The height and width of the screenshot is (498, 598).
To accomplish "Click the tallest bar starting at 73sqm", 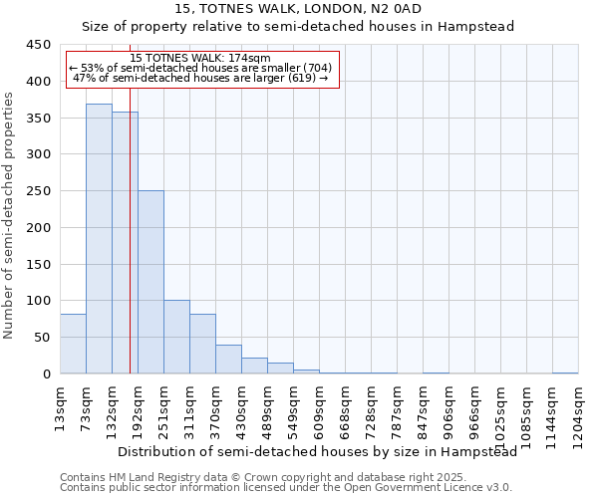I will (x=99, y=239).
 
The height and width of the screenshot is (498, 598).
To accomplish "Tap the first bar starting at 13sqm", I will (x=73, y=344).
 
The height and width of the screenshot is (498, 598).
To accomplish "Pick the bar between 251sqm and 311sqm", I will (x=176, y=337).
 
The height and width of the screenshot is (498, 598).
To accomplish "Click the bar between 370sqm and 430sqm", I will (x=228, y=359).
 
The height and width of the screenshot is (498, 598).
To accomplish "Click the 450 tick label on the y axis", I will (x=38, y=45).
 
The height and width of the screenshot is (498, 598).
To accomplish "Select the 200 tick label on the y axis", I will (x=38, y=227).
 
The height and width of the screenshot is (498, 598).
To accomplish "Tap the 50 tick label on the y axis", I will (x=42, y=337).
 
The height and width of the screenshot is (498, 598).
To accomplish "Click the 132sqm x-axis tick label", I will (x=113, y=407).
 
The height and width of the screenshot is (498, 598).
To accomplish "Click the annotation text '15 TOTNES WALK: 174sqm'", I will (x=200, y=59).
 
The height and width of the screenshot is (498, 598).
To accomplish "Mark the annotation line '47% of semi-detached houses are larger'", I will (x=200, y=78).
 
